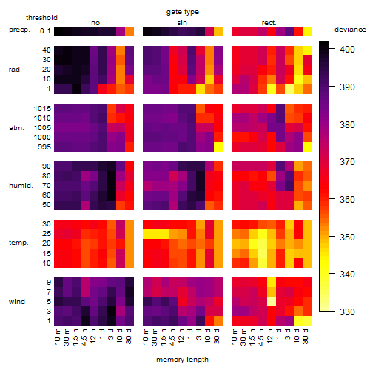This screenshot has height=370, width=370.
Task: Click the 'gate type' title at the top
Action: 183,12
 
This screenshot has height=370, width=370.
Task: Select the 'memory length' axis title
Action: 182,360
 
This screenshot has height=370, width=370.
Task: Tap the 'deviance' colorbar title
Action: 350,30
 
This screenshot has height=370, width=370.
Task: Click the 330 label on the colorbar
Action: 347,312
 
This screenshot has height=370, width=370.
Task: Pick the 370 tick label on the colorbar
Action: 347,162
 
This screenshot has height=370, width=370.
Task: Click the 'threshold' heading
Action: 41,18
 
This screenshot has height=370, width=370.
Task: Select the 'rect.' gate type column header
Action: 269,23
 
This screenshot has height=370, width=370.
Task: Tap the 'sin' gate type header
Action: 182,23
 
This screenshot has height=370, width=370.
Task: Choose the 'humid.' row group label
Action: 21,186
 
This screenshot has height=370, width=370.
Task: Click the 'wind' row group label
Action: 17,302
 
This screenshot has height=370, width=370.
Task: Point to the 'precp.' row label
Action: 19,30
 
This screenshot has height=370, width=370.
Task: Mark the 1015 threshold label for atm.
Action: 42,109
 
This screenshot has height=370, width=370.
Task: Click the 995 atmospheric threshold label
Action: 44,147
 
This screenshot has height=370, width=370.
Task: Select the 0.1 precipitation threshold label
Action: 45,31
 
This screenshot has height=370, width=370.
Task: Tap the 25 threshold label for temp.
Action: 47,234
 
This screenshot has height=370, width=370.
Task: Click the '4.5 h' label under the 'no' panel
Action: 84,337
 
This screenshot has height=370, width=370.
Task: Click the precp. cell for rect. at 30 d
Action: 307,31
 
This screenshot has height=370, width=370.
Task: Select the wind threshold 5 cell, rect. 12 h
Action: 272,301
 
